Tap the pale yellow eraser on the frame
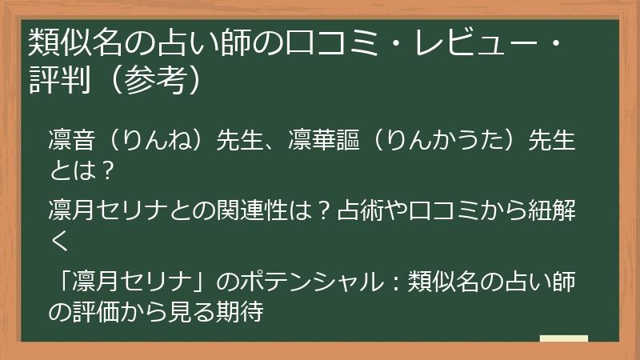563,339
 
